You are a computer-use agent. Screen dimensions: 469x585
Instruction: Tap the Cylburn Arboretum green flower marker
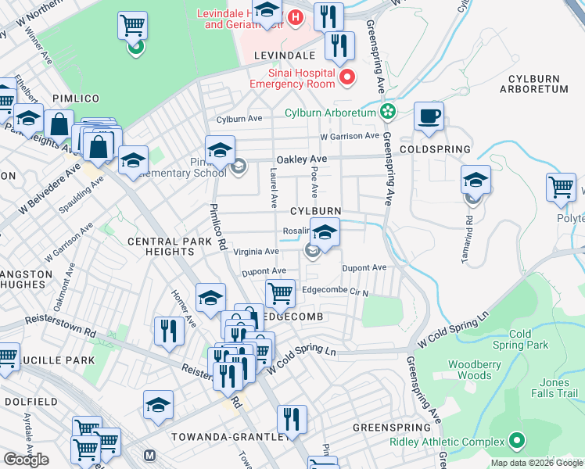386,112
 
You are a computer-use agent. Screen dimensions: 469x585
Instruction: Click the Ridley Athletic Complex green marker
516,442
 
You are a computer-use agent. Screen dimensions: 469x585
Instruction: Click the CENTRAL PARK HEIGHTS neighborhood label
170,249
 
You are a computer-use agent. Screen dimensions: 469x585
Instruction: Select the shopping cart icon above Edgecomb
280,294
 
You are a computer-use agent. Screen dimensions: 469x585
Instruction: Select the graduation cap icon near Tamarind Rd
476,181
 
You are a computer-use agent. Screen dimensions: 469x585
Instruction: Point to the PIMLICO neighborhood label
76,98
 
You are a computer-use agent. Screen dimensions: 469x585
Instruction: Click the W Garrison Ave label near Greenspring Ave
349,136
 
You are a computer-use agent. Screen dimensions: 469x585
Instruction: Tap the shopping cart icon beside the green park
132,26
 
